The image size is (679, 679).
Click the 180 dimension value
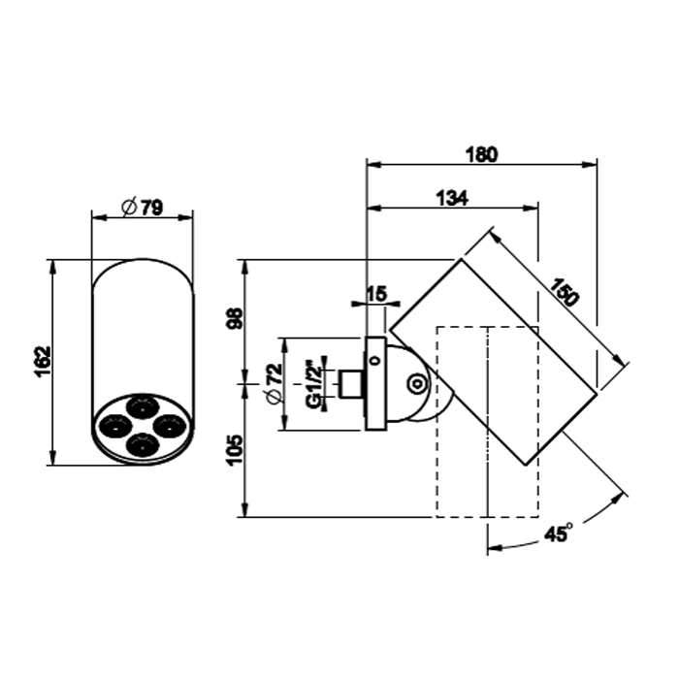click(x=481, y=154)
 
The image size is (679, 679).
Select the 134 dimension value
click(x=452, y=198)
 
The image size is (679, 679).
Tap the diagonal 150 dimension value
click(x=565, y=292)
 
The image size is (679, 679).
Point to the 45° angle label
click(x=558, y=533)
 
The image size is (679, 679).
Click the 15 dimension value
click(x=376, y=295)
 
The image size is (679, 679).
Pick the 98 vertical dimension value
click(x=236, y=318)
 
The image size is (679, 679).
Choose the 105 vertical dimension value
click(x=236, y=450)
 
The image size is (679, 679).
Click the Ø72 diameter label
click(x=275, y=384)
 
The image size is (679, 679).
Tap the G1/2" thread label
click(x=313, y=384)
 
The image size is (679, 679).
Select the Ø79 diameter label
click(x=142, y=207)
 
